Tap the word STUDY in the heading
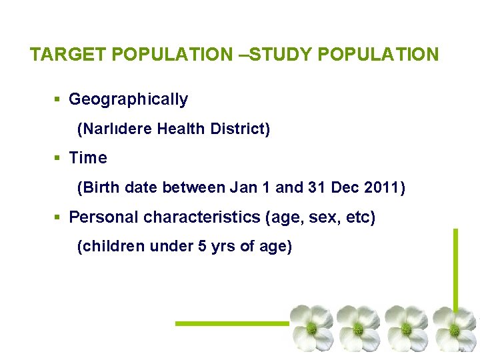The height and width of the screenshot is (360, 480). click(281, 55)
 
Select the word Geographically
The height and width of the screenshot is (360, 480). click(128, 100)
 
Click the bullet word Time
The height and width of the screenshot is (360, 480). click(88, 159)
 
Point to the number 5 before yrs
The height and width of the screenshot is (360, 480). click(202, 247)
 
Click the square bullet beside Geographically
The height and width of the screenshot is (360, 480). click(57, 100)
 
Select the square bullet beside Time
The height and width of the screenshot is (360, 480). click(57, 159)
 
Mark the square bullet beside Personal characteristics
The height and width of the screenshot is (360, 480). click(57, 217)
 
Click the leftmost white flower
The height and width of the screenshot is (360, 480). click(311, 327)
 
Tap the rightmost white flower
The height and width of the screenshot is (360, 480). click(455, 327)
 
